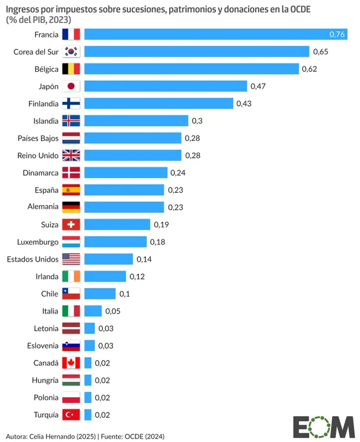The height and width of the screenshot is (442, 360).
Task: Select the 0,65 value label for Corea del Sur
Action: [x=320, y=52]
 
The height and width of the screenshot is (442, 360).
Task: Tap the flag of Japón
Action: [x=71, y=86]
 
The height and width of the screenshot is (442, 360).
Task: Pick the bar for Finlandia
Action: [x=159, y=103]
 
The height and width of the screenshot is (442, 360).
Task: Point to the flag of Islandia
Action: [x=71, y=121]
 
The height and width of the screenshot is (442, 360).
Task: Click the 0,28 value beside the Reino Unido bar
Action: [x=193, y=155]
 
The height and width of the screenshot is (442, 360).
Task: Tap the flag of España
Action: [x=71, y=190]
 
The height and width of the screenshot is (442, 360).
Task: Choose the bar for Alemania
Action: [x=124, y=207]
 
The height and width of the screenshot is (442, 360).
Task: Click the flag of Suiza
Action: [x=71, y=225]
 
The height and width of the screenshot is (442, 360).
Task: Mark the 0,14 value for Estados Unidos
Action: [x=144, y=259]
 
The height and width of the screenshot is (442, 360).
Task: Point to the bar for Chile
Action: [x=100, y=293]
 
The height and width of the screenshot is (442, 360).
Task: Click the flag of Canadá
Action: [x=71, y=362]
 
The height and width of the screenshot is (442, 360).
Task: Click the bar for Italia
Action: [x=93, y=311]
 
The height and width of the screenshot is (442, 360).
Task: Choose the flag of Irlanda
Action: [x=71, y=276]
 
